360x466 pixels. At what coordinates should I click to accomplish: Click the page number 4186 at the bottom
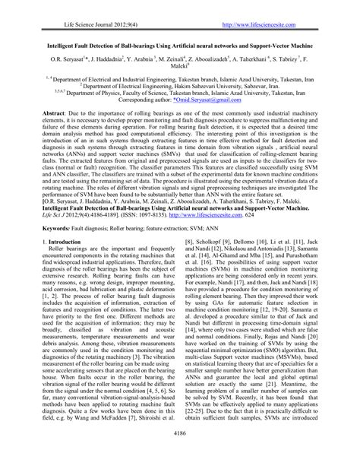(179, 453)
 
